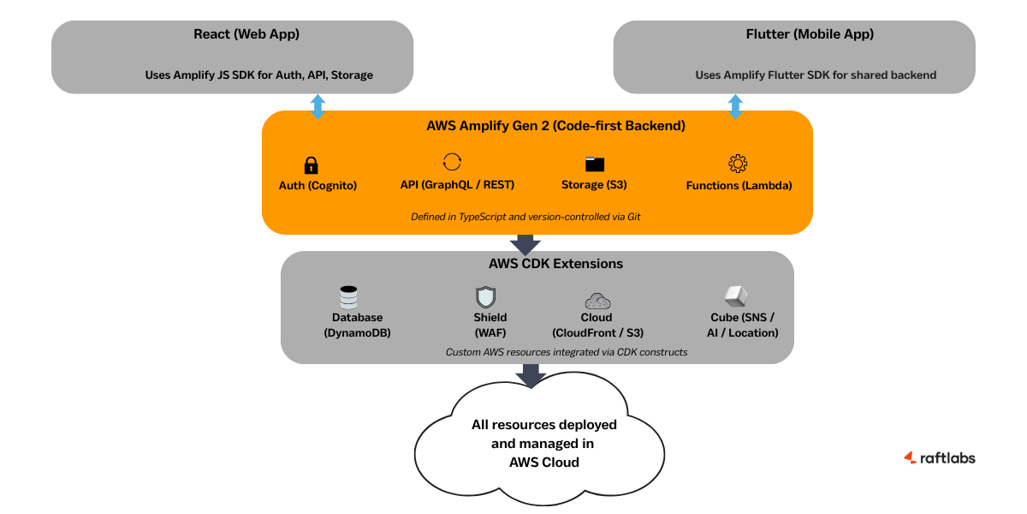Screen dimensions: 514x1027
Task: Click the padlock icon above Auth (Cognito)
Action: coord(311,165)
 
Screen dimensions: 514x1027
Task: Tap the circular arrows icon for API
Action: coord(452,162)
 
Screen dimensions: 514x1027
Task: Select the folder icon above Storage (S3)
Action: coord(595,164)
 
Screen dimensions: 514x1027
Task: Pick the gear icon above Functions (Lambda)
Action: coord(738,164)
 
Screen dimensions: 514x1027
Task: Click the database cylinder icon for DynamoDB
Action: coord(348,298)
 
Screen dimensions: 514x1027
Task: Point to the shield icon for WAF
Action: coord(485,298)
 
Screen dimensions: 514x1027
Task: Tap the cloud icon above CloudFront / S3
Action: coord(597,300)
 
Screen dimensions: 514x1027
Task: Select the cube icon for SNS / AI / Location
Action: coord(736,296)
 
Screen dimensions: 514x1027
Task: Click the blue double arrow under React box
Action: coord(318,107)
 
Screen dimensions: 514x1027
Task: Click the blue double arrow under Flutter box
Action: coord(735,107)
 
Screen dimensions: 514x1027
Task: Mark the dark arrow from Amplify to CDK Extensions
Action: coord(525,244)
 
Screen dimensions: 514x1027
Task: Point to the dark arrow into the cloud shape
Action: coord(531,375)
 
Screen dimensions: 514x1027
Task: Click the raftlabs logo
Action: coord(939,457)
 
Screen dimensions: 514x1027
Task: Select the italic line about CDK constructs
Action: coord(567,352)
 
